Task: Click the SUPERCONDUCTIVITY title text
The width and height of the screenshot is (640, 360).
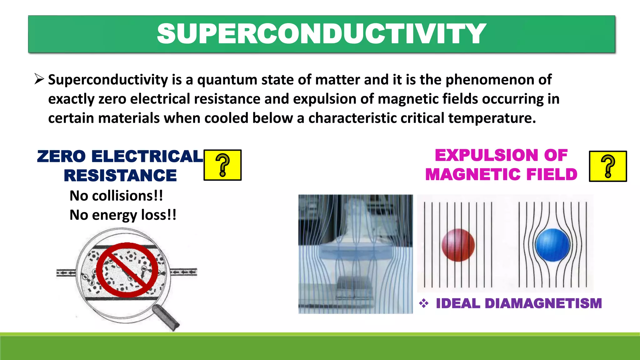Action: coord(321,34)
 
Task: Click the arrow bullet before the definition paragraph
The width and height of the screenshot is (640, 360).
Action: coord(39,79)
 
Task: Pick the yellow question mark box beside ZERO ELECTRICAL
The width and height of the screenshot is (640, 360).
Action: coord(222,165)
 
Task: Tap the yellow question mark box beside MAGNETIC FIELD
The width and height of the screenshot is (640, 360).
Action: coord(608,166)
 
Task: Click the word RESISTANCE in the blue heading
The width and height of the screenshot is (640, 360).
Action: coord(120,175)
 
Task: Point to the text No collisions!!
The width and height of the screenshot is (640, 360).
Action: coord(116,196)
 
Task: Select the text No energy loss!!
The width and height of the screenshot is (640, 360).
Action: coord(123,215)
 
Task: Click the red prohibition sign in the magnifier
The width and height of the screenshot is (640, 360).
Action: coord(127,270)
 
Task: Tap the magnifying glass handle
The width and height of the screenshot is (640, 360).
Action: coord(166,317)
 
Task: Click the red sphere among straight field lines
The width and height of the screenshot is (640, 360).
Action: coord(458,245)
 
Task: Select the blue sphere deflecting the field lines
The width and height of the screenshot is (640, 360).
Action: coord(552,245)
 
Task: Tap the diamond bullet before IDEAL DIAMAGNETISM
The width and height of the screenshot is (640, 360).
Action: coord(424,303)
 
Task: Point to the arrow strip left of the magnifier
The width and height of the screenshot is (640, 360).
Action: coord(66,273)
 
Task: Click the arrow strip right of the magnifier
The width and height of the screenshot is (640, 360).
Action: coord(183,272)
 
